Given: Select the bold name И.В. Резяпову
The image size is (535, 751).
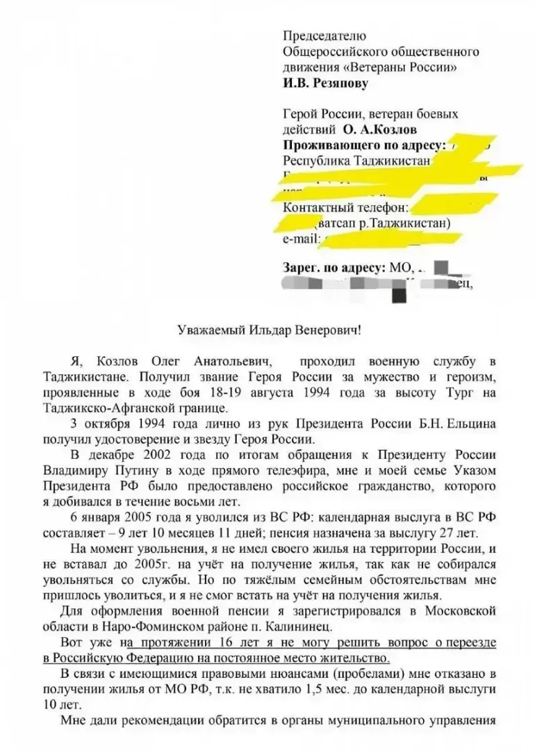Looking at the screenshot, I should tap(326, 83).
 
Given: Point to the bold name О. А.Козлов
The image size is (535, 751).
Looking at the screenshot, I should tap(379, 129).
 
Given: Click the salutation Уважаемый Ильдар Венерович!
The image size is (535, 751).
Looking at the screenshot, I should tap(267, 330).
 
